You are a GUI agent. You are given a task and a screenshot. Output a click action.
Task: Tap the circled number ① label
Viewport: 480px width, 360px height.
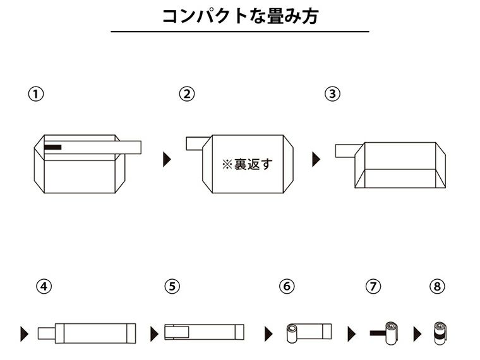[x=37, y=94]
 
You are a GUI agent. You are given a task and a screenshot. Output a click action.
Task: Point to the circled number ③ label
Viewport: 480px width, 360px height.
[x=332, y=94]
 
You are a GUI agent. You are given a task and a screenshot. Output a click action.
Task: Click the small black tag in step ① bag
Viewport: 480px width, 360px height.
[x=53, y=147]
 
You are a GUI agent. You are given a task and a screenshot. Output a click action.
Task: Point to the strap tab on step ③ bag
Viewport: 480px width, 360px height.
[x=346, y=150]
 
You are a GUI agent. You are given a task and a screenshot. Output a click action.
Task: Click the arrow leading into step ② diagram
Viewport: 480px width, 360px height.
[x=167, y=159]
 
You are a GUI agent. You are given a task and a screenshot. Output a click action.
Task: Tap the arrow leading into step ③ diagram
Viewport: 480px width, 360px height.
[x=316, y=159]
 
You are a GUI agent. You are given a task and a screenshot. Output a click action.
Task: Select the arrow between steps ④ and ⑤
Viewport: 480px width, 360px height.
[x=153, y=333]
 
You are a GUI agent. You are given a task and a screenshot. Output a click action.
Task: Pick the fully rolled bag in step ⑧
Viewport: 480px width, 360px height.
[x=438, y=332]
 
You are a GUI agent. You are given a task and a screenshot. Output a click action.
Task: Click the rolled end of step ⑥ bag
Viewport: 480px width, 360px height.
[x=292, y=332]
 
